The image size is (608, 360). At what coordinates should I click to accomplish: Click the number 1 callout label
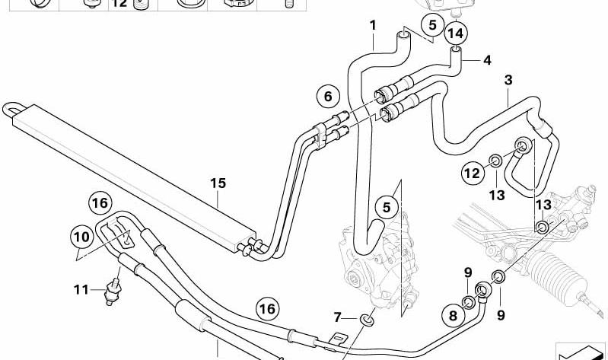pos(373,26)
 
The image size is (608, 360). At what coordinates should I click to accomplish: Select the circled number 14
pos(456,33)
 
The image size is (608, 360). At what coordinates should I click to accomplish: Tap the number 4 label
pos(487,61)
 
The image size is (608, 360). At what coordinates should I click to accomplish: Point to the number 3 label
pos(508,81)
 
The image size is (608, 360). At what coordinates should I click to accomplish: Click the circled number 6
pos(328,96)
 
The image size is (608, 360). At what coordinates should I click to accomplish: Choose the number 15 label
pos(218,183)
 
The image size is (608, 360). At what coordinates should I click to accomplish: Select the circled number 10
pos(81,237)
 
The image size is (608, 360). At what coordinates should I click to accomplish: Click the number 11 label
pos(81,289)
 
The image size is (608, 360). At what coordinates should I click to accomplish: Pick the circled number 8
pos(453,315)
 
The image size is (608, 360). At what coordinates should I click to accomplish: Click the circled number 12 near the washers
pos(473,173)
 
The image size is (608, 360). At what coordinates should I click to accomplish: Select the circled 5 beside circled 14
pos(433,25)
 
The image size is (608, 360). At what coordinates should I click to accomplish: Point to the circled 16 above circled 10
pos(100,203)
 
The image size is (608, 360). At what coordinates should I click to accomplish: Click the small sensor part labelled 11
pos(112,292)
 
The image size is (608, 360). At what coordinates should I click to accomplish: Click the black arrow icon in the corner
pos(581,352)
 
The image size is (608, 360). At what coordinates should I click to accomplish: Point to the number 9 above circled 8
pos(468,272)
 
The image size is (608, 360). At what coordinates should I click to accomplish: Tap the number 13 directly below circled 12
pos(497,195)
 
